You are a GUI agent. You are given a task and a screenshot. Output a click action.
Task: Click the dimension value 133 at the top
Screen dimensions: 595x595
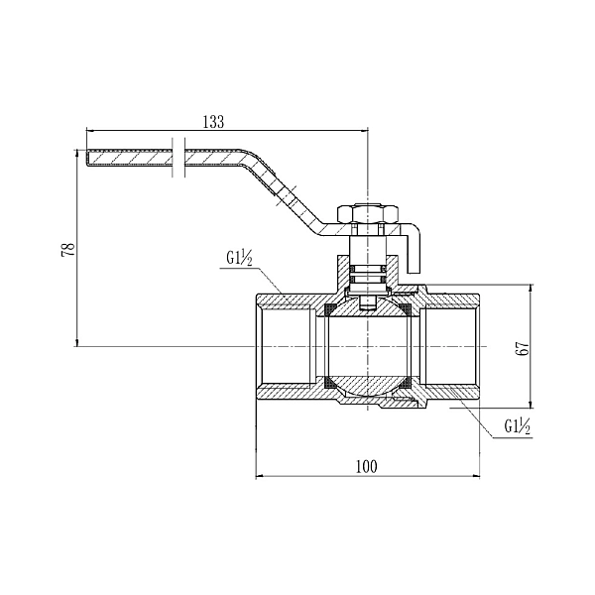point(212,121)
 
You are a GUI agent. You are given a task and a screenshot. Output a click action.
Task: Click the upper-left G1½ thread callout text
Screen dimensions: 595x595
point(238,259)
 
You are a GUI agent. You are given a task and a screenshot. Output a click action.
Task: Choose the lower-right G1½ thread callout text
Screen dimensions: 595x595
point(518,427)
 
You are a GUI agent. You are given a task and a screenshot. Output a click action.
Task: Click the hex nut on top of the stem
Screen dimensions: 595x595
point(367,213)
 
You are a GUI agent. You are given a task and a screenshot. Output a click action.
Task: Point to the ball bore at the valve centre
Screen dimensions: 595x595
point(368,346)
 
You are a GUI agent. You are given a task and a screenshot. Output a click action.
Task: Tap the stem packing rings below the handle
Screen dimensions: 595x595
point(368,269)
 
